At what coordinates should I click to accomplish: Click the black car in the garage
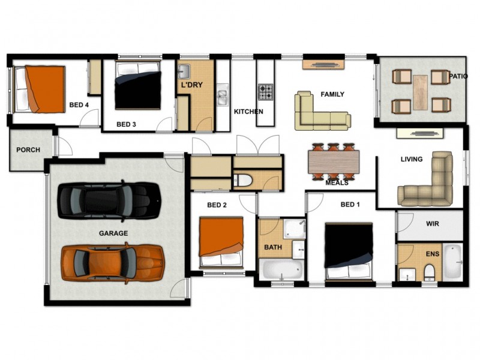point(109,202)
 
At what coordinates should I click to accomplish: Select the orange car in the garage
point(112,263)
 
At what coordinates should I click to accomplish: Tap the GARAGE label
point(114,233)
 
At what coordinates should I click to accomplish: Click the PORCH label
point(28,149)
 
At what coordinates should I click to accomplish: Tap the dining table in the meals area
point(334,161)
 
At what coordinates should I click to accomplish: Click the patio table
point(420,92)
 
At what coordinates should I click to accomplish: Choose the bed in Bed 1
point(349,250)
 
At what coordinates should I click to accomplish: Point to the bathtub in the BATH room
point(283,269)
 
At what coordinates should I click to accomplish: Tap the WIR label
point(433,223)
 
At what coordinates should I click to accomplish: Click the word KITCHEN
point(248,112)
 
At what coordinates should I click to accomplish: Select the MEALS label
point(337,183)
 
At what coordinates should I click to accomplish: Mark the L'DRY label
point(192,85)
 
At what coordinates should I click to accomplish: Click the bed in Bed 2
point(221,242)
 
